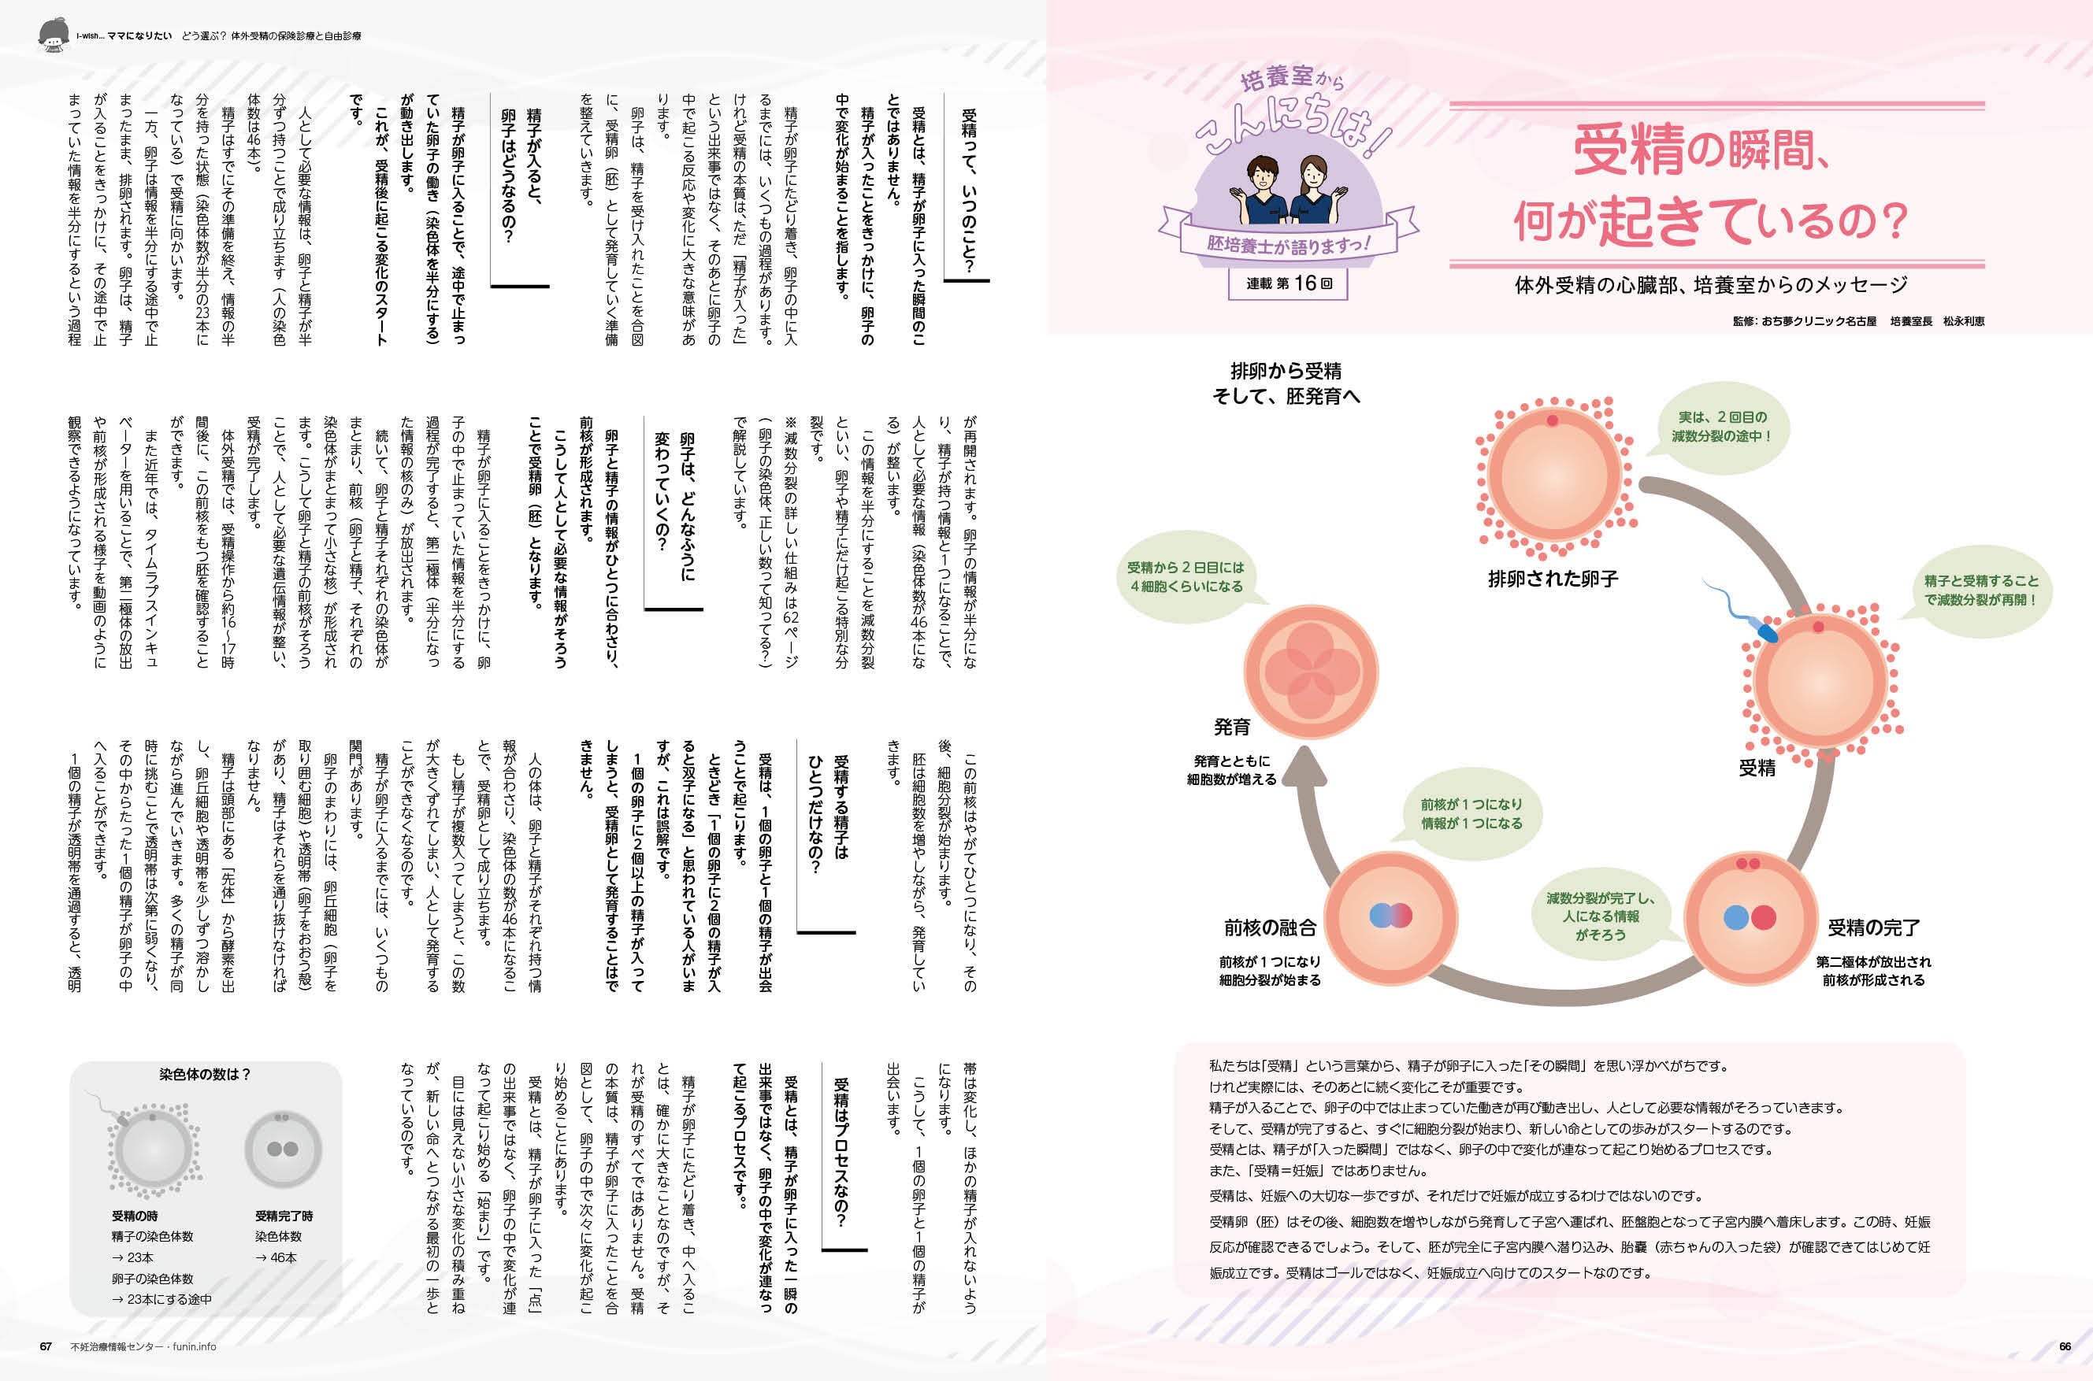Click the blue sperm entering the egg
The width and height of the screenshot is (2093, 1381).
[1765, 631]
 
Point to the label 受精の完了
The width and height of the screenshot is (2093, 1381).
[1872, 927]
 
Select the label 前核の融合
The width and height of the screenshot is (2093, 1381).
[1269, 927]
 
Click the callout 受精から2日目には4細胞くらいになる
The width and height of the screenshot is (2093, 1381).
[1185, 577]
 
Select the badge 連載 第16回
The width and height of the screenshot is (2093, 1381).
[1289, 283]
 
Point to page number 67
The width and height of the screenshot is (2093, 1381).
[46, 1346]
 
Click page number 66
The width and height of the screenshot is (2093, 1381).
[2065, 1346]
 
